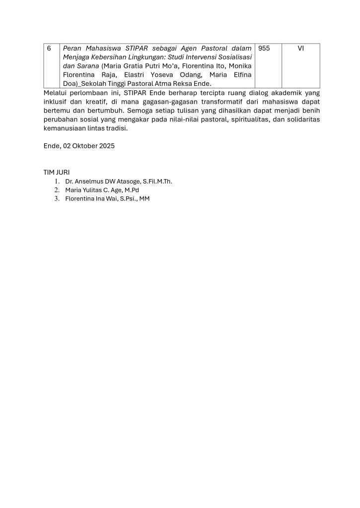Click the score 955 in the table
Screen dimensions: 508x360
click(264, 49)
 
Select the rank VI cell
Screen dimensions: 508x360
click(300, 49)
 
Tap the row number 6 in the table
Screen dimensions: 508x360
click(49, 49)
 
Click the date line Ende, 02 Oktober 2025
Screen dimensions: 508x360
click(79, 146)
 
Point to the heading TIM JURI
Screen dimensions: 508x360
click(57, 172)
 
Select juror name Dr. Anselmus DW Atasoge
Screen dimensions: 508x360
click(104, 181)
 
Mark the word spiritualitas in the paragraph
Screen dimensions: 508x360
click(253, 120)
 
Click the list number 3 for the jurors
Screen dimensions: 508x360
click(57, 199)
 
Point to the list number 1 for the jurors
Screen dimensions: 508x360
click(57, 181)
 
